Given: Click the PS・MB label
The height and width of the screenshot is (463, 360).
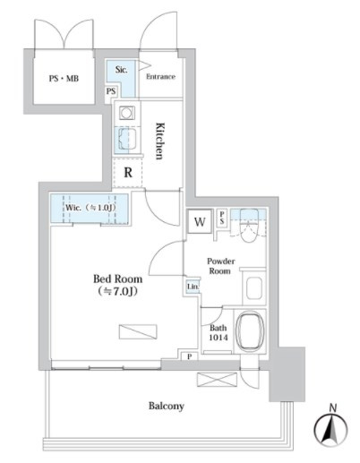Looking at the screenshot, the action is tap(64, 79).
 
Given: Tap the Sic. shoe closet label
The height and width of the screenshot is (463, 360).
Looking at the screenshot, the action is tap(122, 70).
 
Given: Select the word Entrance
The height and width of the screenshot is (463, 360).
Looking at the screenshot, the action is tap(160, 77).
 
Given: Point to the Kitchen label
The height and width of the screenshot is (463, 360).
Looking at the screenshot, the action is tap(160, 141).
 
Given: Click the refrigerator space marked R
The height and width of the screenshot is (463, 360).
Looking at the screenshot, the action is tap(128, 173).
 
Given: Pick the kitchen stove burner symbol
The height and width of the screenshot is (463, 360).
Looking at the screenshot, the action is tap(126, 113).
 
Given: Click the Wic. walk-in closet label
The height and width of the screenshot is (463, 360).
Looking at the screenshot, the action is tap(90, 208).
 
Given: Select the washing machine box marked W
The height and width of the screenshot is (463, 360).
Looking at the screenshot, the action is tap(200, 222).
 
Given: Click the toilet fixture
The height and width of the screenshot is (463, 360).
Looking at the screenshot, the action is tap(249, 226).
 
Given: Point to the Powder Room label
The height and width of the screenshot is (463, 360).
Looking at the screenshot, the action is tap(220, 266).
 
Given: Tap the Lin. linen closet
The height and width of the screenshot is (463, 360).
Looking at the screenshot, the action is tap(193, 287).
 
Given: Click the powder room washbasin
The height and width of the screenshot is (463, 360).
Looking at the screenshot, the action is tap(254, 287).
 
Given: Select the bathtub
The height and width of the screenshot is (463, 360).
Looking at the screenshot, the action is tap(250, 331).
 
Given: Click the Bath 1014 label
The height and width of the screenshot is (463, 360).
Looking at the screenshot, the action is tap(219, 332).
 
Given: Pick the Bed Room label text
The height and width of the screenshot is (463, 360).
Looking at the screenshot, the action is tap(117, 284).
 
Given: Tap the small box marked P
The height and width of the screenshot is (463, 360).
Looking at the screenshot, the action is tap(190, 356).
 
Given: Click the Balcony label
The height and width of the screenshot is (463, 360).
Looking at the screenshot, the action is tap(167, 406).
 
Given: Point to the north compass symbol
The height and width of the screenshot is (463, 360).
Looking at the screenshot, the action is tap(330, 426).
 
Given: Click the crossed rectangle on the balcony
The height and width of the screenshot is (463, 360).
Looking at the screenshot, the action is tap(218, 381).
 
